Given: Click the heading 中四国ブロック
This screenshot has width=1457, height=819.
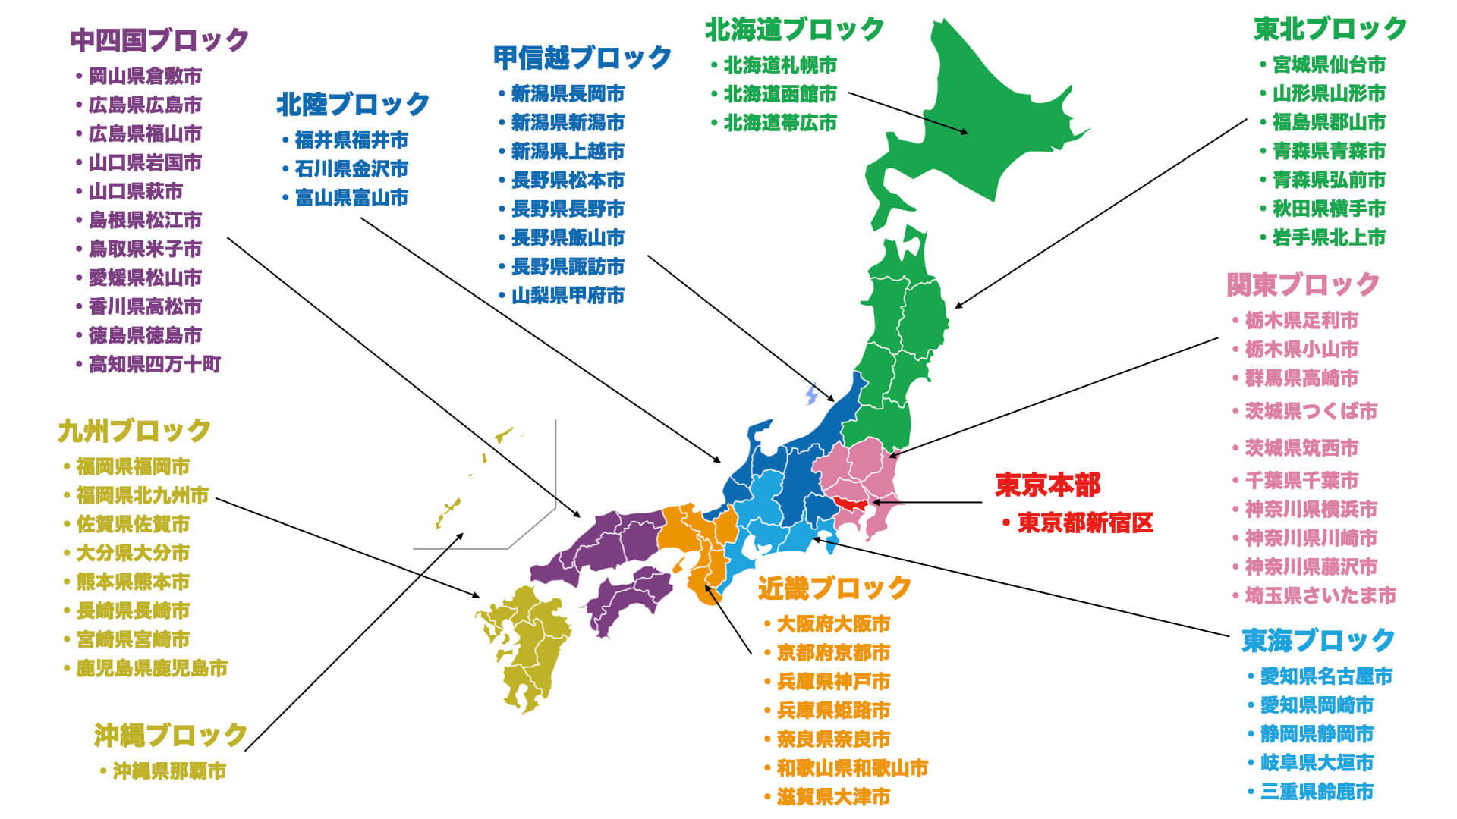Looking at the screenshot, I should pyautogui.click(x=159, y=40).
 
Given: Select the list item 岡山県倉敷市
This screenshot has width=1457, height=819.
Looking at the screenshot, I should pyautogui.click(x=145, y=76).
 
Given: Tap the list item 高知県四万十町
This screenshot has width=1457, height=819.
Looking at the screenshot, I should pyautogui.click(x=154, y=364).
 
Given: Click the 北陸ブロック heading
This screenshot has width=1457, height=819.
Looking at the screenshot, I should pyautogui.click(x=353, y=104).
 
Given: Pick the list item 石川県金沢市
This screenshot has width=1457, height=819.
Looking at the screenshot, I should pyautogui.click(x=351, y=168).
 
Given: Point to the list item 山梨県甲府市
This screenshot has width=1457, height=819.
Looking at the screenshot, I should pyautogui.click(x=568, y=295).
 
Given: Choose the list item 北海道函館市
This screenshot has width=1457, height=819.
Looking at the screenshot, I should pyautogui.click(x=780, y=94).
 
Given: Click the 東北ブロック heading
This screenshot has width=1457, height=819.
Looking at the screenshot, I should pyautogui.click(x=1330, y=29).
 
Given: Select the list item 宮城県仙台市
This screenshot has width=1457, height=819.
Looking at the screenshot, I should pyautogui.click(x=1329, y=64).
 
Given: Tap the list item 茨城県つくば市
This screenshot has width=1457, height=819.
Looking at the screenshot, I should pyautogui.click(x=1311, y=411).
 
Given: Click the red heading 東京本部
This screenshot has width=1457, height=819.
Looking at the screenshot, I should pyautogui.click(x=1047, y=485).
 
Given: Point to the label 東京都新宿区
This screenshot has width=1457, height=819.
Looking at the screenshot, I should pyautogui.click(x=1084, y=522).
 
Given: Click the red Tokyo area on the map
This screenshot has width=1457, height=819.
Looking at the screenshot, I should pyautogui.click(x=851, y=502).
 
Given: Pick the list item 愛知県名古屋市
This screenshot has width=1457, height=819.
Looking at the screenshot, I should pyautogui.click(x=1326, y=676).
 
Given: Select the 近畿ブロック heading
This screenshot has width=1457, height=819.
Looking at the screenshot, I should pyautogui.click(x=834, y=588).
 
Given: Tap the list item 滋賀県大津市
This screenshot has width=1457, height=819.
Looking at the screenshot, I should pyautogui.click(x=833, y=796).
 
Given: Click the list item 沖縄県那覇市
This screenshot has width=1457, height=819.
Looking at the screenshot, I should pyautogui.click(x=169, y=771).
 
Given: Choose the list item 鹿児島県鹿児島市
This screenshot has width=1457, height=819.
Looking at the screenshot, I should pyautogui.click(x=152, y=668).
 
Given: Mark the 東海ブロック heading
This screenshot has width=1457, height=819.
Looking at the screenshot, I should pyautogui.click(x=1318, y=640).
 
